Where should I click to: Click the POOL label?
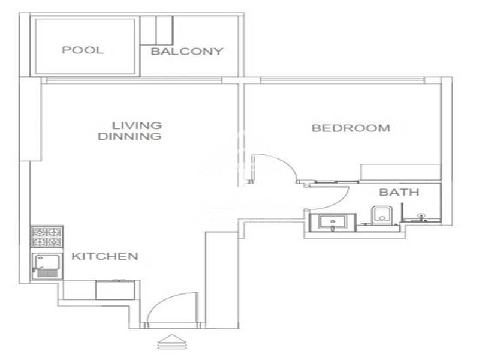coord(83,50)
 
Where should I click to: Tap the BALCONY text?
coord(187,51)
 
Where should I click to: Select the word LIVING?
coord(137,125)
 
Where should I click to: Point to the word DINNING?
coord(129,136)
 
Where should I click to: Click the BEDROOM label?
coord(351,128)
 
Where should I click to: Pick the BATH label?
coord(399,192)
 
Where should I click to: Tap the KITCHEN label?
coord(105,256)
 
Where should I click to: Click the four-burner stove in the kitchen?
coord(47,237)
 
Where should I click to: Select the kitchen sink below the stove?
coord(47,266)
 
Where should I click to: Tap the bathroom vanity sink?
coord(332,222)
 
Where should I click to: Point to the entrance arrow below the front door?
coord(172,341)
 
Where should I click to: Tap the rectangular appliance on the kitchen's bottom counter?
coord(116,290)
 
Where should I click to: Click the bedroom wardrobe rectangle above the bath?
coord(400,172)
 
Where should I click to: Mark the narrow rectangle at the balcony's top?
coord(165,30)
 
